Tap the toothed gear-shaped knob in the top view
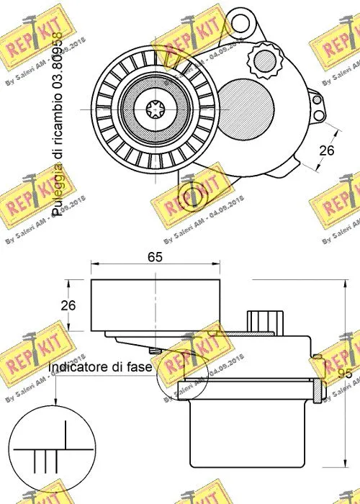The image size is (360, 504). [x=265, y=58]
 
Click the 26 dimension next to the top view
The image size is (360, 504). [x=328, y=150]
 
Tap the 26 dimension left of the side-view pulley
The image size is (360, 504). [x=68, y=305]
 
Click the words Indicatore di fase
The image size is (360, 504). [x=100, y=367]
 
